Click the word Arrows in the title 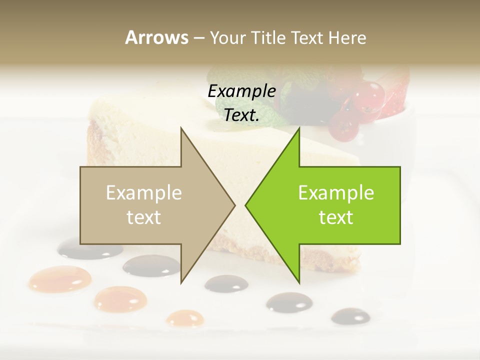pos(156,37)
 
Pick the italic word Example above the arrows pos(241,91)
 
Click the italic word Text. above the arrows pos(241,115)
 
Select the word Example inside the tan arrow pos(144,193)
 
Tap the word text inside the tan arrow pos(144,217)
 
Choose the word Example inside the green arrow pos(336,193)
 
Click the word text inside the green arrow pos(336,217)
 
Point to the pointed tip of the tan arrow pos(234,205)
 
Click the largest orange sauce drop pos(60,278)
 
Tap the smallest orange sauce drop pos(185,318)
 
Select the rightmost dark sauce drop pos(350,315)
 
